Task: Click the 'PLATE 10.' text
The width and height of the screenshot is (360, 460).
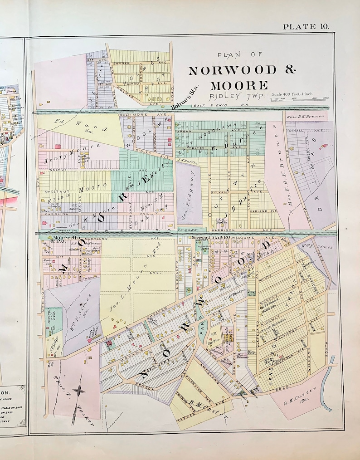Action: (306, 26)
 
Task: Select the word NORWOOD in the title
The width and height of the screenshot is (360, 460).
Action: (233, 71)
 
